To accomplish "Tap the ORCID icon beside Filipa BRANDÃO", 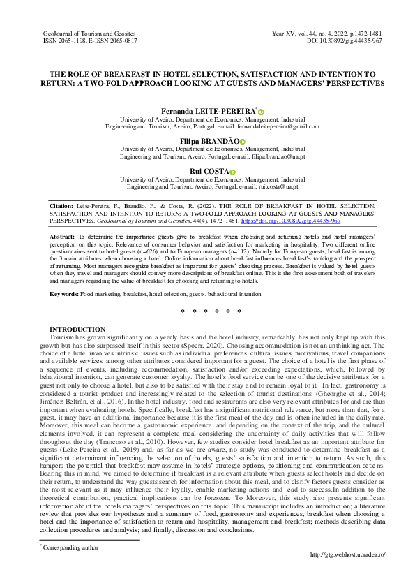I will pos(243,142).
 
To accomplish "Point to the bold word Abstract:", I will pos(63,237).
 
